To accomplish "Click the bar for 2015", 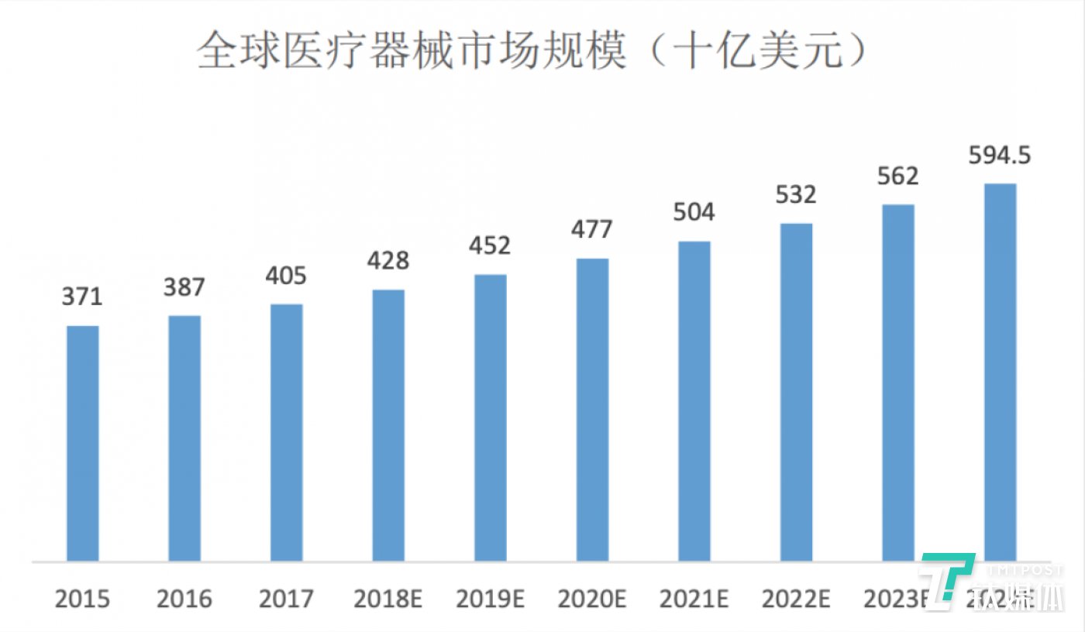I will point(83,443).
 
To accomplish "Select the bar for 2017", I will point(287,432).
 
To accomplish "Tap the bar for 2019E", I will point(491,417).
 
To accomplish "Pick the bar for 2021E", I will point(694,401).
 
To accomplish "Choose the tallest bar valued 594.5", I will point(1000,372).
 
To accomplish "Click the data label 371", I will point(83,297).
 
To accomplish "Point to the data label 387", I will point(184,287).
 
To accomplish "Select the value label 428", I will point(388,260).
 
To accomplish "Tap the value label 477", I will point(592,229).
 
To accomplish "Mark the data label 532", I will point(796,194).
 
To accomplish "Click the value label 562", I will point(897,176).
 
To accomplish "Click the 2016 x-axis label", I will point(184,599).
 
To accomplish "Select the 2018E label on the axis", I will point(388,599).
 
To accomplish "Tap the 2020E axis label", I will point(592,599).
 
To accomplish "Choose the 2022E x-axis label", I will point(796,599).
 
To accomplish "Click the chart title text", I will point(531,52).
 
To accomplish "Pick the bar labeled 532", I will point(796,392).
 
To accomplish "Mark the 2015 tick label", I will point(83,599).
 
